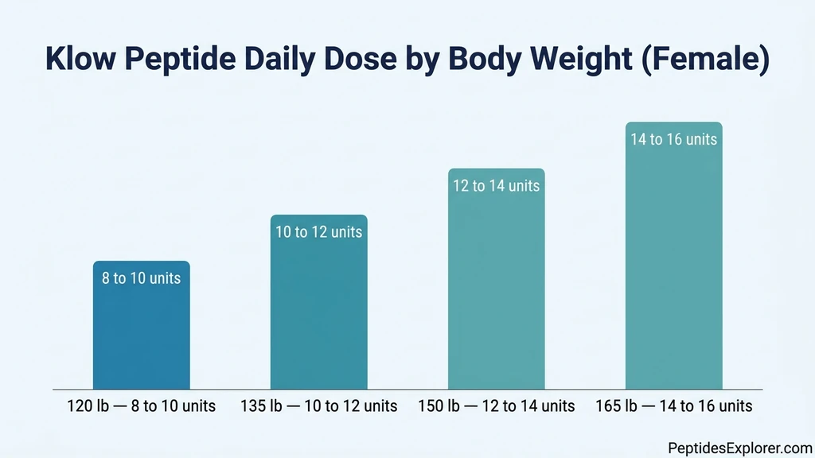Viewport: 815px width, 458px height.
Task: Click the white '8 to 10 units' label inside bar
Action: pos(141,278)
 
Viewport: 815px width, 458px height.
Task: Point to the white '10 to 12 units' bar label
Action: pos(318,232)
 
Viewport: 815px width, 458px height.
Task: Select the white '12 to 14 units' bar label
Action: pos(496,186)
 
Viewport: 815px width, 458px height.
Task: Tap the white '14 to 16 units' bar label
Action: pos(673,139)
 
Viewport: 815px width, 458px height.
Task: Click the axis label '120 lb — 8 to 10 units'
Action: pos(141,406)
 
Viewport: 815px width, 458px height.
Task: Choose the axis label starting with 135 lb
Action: pos(318,406)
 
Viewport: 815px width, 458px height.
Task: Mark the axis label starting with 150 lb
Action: pos(496,406)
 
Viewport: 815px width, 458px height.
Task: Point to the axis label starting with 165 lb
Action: pos(673,406)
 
